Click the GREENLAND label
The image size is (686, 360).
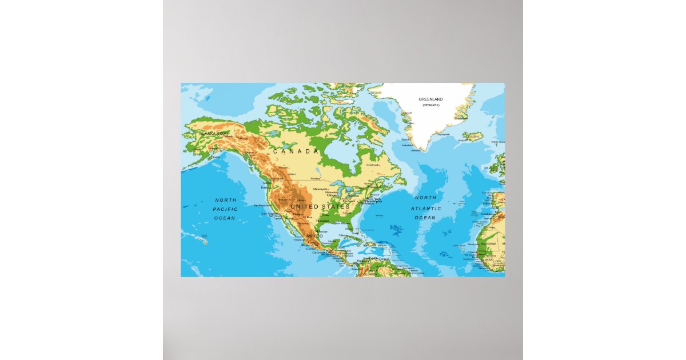(x=430, y=99)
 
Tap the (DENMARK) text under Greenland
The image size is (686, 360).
(x=430, y=106)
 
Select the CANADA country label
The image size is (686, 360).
(x=296, y=151)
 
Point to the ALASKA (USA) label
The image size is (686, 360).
(x=213, y=133)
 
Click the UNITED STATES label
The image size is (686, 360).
(x=320, y=206)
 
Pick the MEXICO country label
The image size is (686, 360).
(x=315, y=236)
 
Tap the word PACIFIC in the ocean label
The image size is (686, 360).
(x=225, y=209)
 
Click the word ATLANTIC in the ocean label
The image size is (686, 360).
(x=426, y=208)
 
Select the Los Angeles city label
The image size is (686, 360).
(x=269, y=214)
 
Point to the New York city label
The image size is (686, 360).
(x=373, y=199)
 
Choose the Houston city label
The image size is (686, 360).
(x=323, y=221)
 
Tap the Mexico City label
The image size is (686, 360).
(x=310, y=245)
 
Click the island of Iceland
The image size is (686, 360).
(x=473, y=137)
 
